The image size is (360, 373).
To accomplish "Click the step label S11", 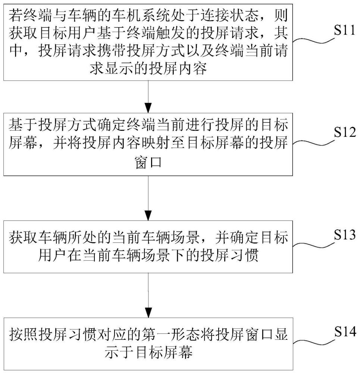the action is [x=345, y=30].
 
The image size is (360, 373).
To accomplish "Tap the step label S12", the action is [x=345, y=132].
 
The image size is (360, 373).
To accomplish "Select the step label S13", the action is [x=345, y=235].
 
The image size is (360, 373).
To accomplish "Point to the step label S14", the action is [x=345, y=331].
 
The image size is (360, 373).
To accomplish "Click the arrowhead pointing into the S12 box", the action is [x=148, y=108].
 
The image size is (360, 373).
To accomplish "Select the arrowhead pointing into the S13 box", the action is [x=148, y=216].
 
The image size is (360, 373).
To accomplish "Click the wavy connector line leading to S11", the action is [x=313, y=40].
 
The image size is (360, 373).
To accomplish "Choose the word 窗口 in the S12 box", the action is [x=148, y=163].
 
